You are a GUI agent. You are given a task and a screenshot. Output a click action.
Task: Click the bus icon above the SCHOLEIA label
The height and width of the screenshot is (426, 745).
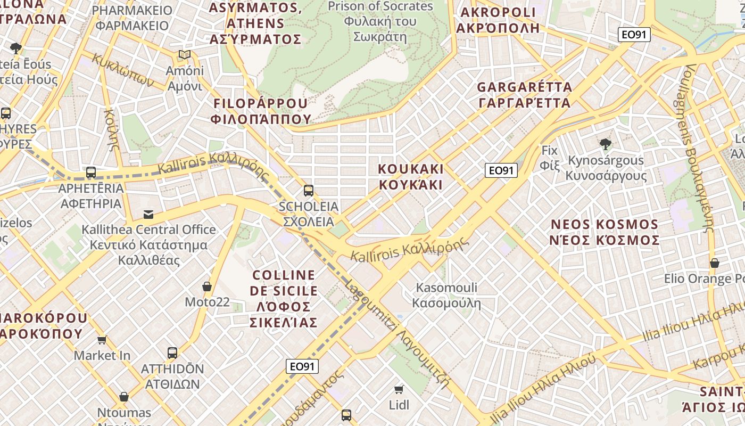(x=308, y=190)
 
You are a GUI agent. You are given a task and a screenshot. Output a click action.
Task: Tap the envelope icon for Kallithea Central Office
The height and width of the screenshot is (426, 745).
(x=148, y=215)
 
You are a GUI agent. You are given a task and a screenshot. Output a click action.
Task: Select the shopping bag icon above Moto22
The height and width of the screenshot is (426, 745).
(x=207, y=286)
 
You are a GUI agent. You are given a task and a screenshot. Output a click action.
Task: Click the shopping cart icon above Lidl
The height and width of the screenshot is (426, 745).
(x=399, y=390)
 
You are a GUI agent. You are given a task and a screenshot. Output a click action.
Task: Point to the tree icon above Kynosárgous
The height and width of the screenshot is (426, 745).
(x=605, y=144)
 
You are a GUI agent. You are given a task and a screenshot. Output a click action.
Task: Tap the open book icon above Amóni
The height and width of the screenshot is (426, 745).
(x=185, y=54)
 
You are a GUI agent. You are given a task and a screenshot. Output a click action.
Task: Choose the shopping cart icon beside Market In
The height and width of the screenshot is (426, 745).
(x=102, y=340)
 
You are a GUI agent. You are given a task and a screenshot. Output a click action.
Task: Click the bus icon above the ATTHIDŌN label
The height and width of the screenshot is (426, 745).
(x=172, y=353)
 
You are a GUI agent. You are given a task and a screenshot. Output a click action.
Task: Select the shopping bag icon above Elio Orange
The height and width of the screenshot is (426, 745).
(x=715, y=263)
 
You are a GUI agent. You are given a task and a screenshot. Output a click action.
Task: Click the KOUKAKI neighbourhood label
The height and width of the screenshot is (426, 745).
(x=410, y=177)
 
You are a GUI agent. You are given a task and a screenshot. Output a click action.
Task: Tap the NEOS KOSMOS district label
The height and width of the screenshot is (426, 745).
(x=605, y=232)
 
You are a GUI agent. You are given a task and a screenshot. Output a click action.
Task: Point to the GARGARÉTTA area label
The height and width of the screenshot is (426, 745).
(x=524, y=94)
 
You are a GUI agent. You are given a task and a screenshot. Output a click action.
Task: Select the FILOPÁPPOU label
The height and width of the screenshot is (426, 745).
(x=261, y=111)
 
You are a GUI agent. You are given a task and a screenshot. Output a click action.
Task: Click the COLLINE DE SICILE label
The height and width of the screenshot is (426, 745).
(x=284, y=298)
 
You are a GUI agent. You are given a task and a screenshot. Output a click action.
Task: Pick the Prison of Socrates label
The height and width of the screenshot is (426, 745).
(x=380, y=21)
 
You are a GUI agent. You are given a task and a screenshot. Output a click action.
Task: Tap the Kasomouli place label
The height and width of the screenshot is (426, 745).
(x=446, y=296)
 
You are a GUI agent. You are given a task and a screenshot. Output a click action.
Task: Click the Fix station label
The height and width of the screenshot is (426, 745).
(x=549, y=158)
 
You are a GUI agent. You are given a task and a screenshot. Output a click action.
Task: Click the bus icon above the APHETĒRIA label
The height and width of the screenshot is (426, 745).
(x=91, y=173)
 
